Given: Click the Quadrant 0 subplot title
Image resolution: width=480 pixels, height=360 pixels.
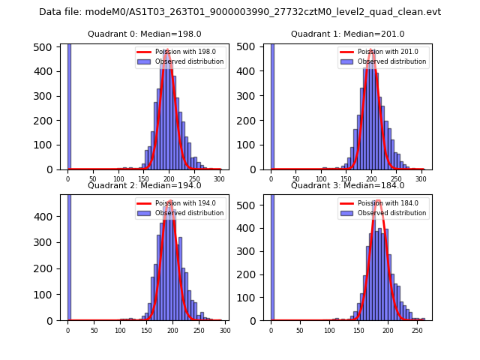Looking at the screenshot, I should coord(144,34).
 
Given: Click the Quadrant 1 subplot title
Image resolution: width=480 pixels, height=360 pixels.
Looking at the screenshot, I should coord(347,34).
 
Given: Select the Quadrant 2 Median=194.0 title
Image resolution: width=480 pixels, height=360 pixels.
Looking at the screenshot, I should coord(144,185).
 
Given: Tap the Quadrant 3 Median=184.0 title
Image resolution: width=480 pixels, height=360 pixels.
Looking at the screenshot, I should coord(347,185).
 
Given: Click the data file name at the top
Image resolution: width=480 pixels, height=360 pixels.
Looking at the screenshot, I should coord(240,12).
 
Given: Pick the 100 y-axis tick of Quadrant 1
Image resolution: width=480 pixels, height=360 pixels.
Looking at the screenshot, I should coord(251,145).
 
